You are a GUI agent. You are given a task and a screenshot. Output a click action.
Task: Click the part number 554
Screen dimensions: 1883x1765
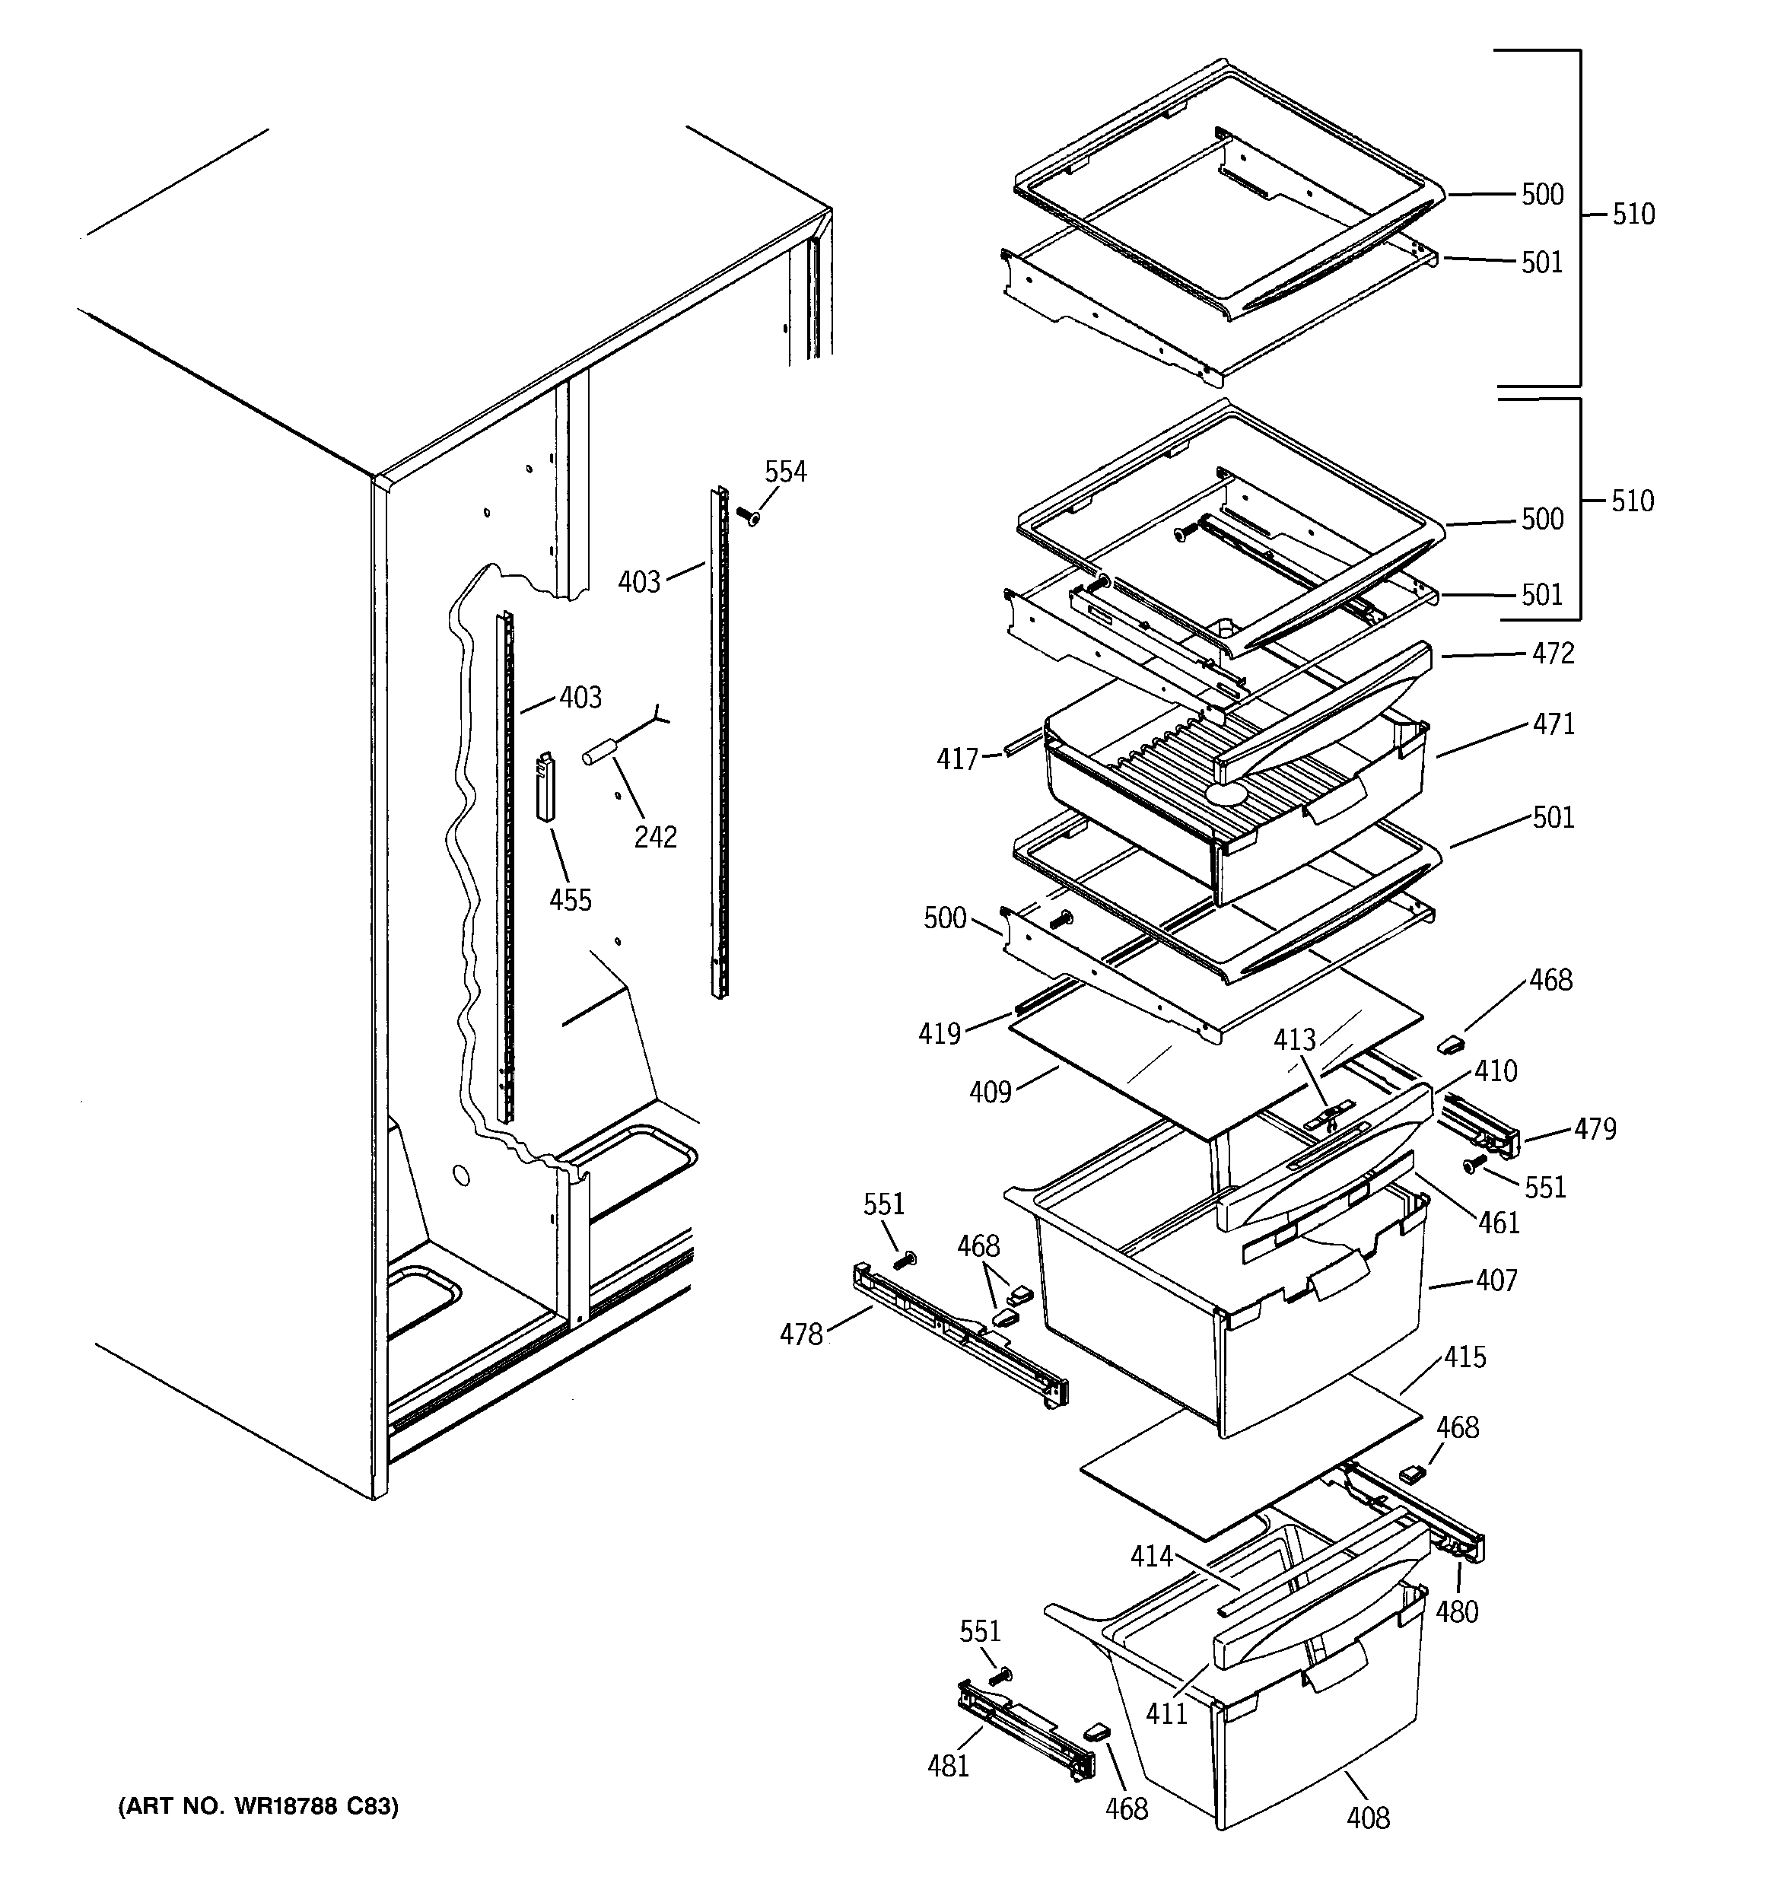tap(785, 471)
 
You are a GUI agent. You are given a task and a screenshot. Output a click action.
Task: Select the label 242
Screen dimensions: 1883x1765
tap(656, 836)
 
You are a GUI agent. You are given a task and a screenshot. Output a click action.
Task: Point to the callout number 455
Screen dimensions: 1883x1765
tap(571, 899)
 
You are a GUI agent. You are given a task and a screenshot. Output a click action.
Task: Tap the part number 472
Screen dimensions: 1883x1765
tap(1553, 653)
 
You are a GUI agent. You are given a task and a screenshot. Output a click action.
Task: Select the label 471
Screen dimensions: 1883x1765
tap(1554, 724)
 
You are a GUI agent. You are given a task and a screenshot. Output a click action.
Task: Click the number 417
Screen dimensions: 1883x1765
tap(957, 759)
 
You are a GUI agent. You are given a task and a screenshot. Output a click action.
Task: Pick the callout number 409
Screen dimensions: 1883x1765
tap(990, 1092)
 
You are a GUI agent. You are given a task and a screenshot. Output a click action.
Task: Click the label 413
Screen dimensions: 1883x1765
tap(1294, 1039)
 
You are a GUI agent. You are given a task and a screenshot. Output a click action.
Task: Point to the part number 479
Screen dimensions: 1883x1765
tap(1595, 1128)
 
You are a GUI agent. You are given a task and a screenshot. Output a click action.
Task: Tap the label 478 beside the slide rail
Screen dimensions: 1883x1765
tap(800, 1334)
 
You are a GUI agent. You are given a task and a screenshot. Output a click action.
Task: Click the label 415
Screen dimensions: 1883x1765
tap(1464, 1357)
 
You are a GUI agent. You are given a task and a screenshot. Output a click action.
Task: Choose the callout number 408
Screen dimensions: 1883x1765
tap(1368, 1818)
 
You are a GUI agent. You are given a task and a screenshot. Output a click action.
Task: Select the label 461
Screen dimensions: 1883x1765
tap(1499, 1222)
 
